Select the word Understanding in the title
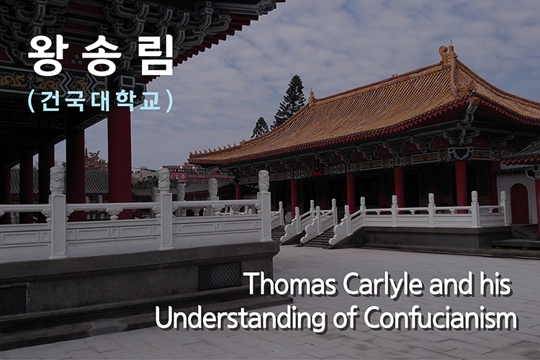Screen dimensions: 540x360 [x=240, y=318]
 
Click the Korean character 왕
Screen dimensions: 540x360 [x=46, y=56]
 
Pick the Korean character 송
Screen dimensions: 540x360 [x=102, y=56]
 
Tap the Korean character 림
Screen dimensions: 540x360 [x=156, y=56]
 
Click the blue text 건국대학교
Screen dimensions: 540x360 [x=101, y=101]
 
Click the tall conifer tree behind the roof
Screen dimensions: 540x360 [x=291, y=100]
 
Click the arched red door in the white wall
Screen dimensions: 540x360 [x=519, y=204]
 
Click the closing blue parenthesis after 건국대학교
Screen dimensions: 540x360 [x=169, y=101]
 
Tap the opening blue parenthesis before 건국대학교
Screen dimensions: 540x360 [x=32, y=101]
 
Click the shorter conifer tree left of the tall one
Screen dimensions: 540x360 [x=260, y=128]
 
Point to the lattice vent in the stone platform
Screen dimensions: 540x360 [x=220, y=276]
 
